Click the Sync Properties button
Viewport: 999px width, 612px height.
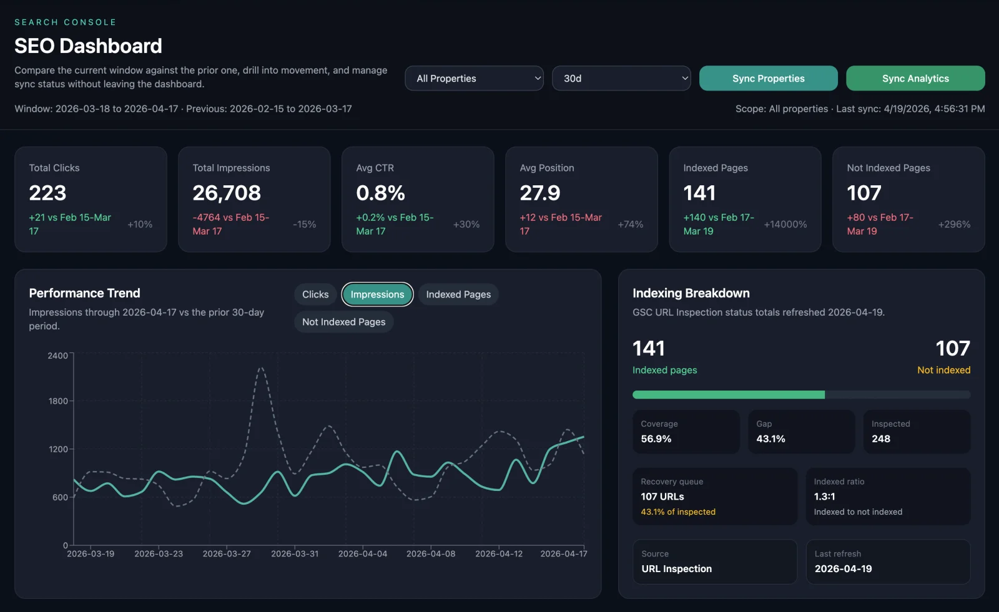(x=768, y=79)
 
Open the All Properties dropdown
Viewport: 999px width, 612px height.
(x=474, y=79)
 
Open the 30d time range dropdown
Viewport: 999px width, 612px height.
(x=621, y=79)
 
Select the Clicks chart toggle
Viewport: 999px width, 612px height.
(x=315, y=294)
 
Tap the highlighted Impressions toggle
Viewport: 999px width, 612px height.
(x=377, y=294)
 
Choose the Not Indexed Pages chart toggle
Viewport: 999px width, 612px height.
(x=343, y=322)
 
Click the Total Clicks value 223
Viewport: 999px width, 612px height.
(x=47, y=193)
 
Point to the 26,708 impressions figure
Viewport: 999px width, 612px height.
(x=227, y=193)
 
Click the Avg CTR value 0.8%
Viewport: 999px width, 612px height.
(x=380, y=193)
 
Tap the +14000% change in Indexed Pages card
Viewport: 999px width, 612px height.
(x=785, y=225)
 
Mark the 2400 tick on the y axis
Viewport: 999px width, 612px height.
(x=57, y=356)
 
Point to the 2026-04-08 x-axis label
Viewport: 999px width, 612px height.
(x=431, y=554)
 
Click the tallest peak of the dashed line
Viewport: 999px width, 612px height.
(x=261, y=368)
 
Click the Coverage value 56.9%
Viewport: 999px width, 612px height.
(x=656, y=439)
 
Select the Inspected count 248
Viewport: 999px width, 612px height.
(x=880, y=439)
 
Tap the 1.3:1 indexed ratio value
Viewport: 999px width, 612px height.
(x=824, y=497)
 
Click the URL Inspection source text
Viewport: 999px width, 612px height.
(x=676, y=569)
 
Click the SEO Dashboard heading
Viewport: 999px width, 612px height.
(x=88, y=46)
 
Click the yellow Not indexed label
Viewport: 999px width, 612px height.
(x=943, y=370)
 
